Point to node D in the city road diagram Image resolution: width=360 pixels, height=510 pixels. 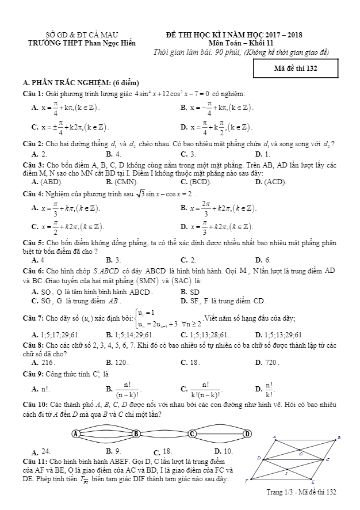pyautogui.click(x=247, y=433)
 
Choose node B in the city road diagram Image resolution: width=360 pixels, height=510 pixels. pyautogui.click(x=136, y=433)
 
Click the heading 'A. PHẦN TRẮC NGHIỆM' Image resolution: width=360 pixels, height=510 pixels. pyautogui.click(x=81, y=83)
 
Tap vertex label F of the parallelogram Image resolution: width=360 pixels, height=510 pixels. pyautogui.click(x=246, y=480)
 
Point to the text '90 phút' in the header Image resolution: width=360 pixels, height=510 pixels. pyautogui.click(x=228, y=52)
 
